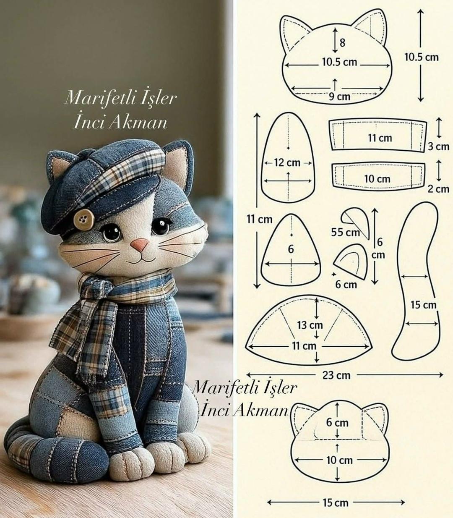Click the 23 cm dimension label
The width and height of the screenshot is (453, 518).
click(337, 375)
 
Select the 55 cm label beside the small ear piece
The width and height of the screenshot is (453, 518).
click(345, 232)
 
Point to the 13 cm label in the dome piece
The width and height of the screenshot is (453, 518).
click(310, 325)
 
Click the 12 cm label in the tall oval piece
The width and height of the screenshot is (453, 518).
click(287, 162)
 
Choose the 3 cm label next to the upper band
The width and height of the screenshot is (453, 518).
click(439, 147)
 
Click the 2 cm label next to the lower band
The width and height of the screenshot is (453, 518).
click(439, 189)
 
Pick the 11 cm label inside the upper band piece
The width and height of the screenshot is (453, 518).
click(380, 138)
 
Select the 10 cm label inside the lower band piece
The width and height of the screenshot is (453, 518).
click(377, 179)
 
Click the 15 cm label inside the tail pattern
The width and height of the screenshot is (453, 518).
click(423, 305)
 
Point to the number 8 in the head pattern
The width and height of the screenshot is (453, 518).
click(342, 42)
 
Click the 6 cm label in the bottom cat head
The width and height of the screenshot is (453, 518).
click(337, 422)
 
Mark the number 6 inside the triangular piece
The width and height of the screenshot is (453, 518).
click(291, 249)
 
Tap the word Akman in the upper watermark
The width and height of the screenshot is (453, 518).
click(138, 123)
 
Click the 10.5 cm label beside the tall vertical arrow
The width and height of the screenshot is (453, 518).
click(422, 57)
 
